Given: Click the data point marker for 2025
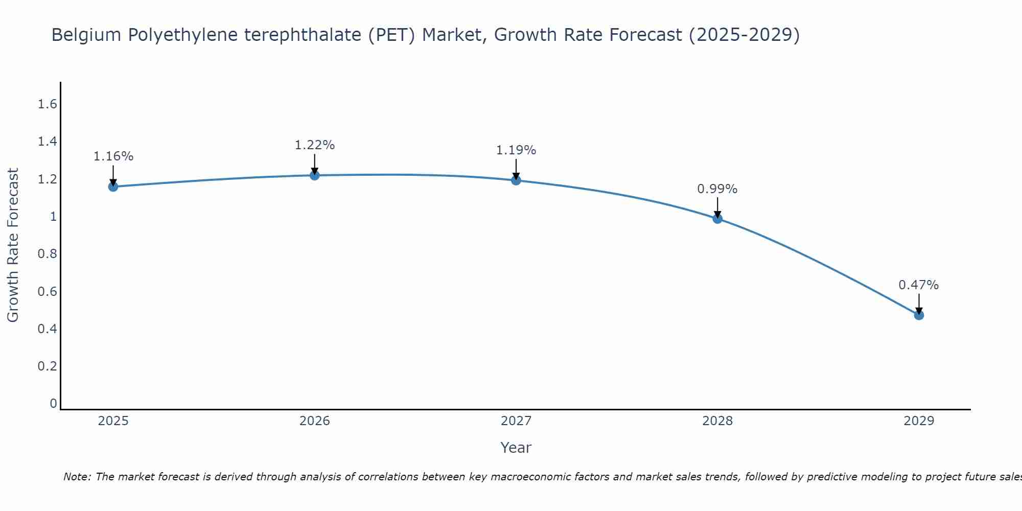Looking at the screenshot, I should coord(113,187).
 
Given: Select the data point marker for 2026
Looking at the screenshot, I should coord(314,175).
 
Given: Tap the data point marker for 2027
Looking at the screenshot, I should coord(516,180).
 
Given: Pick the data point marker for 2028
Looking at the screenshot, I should coord(717,219).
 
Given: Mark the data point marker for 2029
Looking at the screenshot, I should coord(919,315).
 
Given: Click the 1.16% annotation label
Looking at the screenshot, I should coord(113,156).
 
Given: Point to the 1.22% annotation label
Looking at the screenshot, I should coord(314,145).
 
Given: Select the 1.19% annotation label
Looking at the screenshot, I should coord(516,150).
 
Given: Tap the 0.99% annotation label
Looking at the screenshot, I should coord(717,189).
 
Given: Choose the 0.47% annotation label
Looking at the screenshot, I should coord(919,285).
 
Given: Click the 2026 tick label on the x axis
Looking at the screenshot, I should coord(314,421).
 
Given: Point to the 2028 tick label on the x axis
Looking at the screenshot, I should coord(717,421).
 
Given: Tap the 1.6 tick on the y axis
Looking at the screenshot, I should coord(47,104).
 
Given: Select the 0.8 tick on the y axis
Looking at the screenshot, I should coord(47,254).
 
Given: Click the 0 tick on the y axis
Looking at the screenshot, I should coord(53,404).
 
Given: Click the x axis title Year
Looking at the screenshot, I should coord(516,448).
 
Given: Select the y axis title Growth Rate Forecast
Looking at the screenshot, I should coord(13,245).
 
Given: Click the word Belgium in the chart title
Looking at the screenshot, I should coord(86,35).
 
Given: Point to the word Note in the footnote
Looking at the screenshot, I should coord(77,477).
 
